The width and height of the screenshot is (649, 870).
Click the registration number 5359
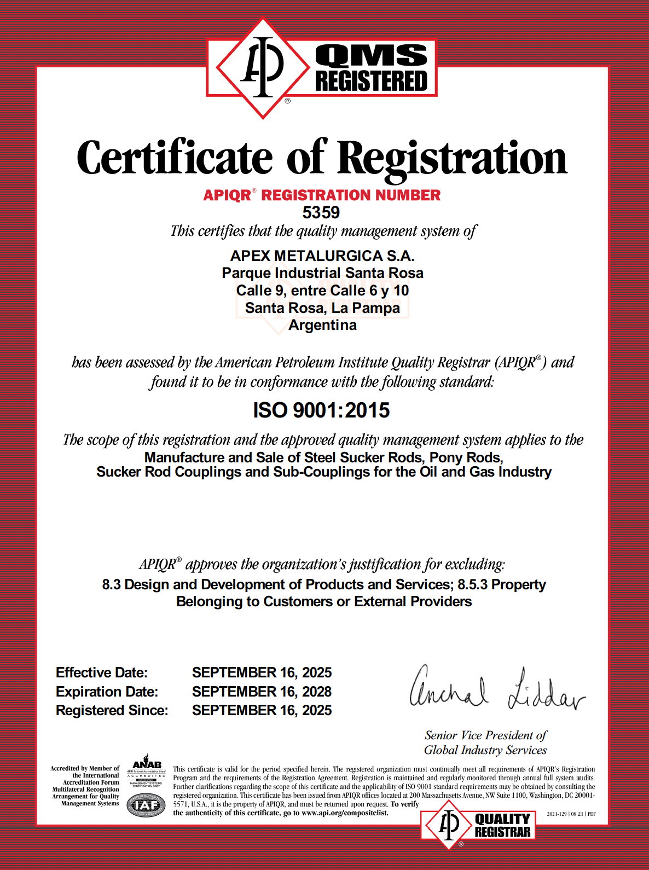321,212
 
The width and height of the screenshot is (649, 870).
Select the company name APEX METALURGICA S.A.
322,256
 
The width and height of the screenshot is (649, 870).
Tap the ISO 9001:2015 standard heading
321,410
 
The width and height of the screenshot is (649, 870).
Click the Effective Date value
262,672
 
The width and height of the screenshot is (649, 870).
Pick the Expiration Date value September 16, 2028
262,692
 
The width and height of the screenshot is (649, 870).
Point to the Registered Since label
112,710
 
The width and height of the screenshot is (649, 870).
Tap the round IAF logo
146,805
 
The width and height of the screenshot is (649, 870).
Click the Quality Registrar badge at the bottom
478,825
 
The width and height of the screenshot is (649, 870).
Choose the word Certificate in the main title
175,158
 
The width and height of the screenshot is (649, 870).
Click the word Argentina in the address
322,325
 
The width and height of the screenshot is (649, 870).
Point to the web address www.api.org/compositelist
345,813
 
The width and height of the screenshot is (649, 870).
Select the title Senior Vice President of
485,735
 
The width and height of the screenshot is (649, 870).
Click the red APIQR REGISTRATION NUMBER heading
322,195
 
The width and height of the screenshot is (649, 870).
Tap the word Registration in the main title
452,158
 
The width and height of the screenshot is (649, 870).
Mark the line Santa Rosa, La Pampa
322,308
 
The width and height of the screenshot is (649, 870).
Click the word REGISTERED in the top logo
371,81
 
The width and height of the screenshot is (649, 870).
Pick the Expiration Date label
107,692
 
